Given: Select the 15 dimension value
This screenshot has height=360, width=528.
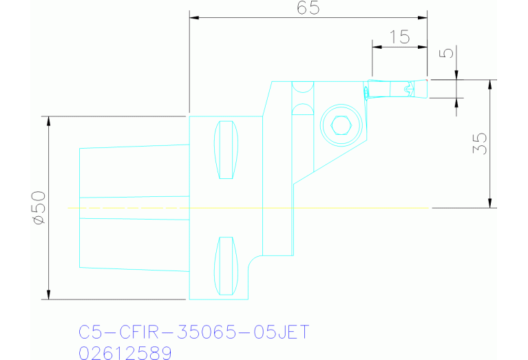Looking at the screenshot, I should click(x=399, y=37).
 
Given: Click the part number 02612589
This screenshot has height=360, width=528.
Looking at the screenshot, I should click(x=125, y=352).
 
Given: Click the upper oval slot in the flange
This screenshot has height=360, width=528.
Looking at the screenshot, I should click(x=225, y=149).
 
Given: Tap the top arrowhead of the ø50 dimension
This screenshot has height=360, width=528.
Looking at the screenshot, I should click(x=49, y=120).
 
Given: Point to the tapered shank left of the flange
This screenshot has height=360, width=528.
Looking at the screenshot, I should click(x=134, y=207).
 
